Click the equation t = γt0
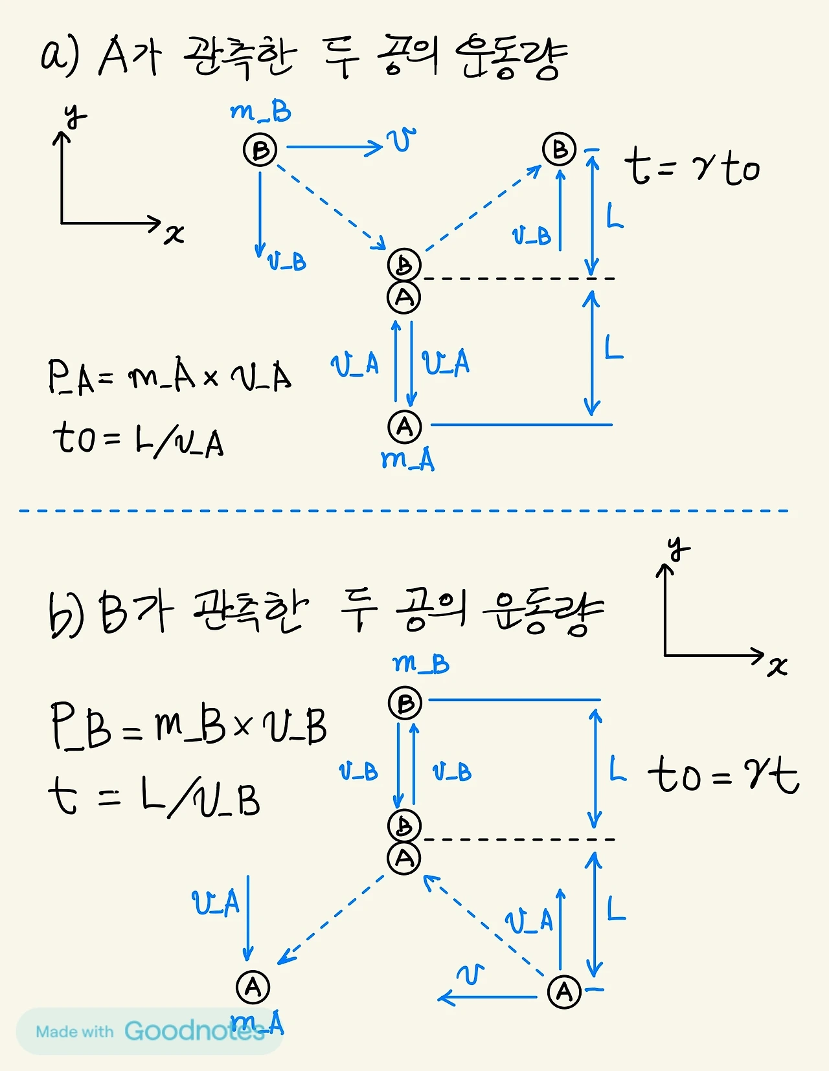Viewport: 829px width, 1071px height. pos(692,166)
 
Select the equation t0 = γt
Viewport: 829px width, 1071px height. pos(723,774)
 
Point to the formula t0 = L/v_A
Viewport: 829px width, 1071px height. pos(139,439)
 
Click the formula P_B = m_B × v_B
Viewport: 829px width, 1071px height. pos(188,726)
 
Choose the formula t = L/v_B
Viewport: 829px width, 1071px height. pos(154,797)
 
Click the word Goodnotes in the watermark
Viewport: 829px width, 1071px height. pos(194,1030)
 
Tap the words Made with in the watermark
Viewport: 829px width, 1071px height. pos(74,1032)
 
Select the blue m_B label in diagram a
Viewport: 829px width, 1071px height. pos(261,113)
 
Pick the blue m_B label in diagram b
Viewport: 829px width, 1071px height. pos(421,664)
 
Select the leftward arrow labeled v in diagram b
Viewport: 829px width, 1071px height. pos(487,997)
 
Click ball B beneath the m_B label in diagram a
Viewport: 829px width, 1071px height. pos(260,149)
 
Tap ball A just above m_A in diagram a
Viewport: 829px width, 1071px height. pos(405,426)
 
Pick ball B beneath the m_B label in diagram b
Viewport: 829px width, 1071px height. pos(405,703)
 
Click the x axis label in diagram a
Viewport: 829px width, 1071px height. pos(174,234)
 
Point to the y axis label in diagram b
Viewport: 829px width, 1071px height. pos(678,548)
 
